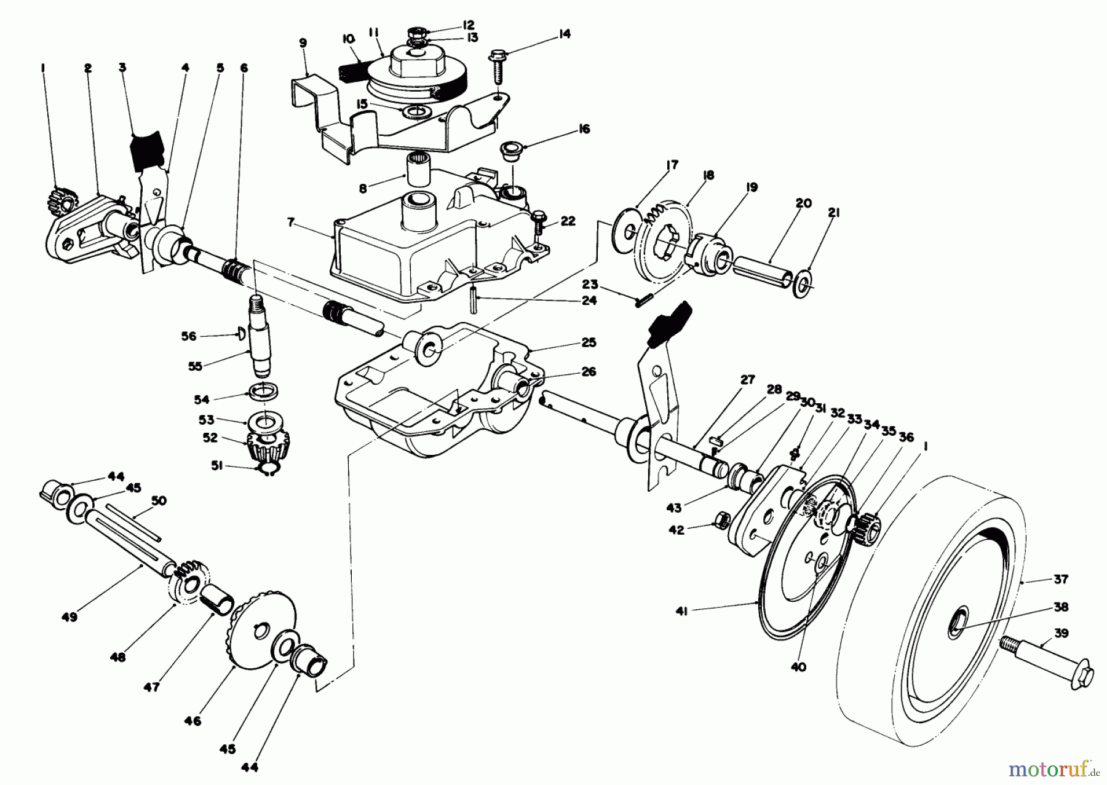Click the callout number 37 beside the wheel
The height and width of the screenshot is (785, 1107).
pyautogui.click(x=1060, y=579)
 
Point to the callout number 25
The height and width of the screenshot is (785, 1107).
pyautogui.click(x=589, y=343)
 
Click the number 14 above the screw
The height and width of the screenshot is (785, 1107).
pyautogui.click(x=564, y=34)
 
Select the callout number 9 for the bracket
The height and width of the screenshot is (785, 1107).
pyautogui.click(x=303, y=43)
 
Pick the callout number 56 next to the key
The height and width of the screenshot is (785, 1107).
pyautogui.click(x=188, y=336)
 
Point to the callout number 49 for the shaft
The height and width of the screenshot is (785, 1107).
pyautogui.click(x=69, y=616)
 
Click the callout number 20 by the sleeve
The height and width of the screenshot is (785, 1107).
pyautogui.click(x=804, y=203)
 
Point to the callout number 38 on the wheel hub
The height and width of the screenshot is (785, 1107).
pyautogui.click(x=1061, y=607)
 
